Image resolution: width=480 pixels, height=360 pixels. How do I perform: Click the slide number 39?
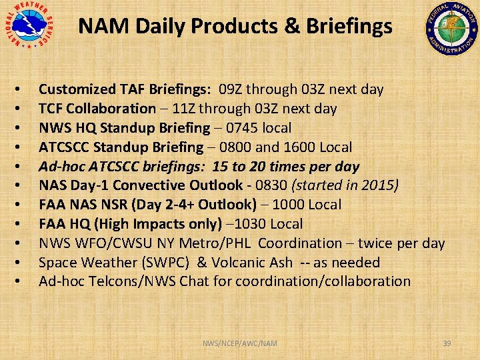click(447, 343)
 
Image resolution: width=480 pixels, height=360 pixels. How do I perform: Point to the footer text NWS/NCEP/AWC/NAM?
click(240, 343)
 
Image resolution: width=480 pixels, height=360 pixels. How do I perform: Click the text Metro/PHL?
click(223, 244)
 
